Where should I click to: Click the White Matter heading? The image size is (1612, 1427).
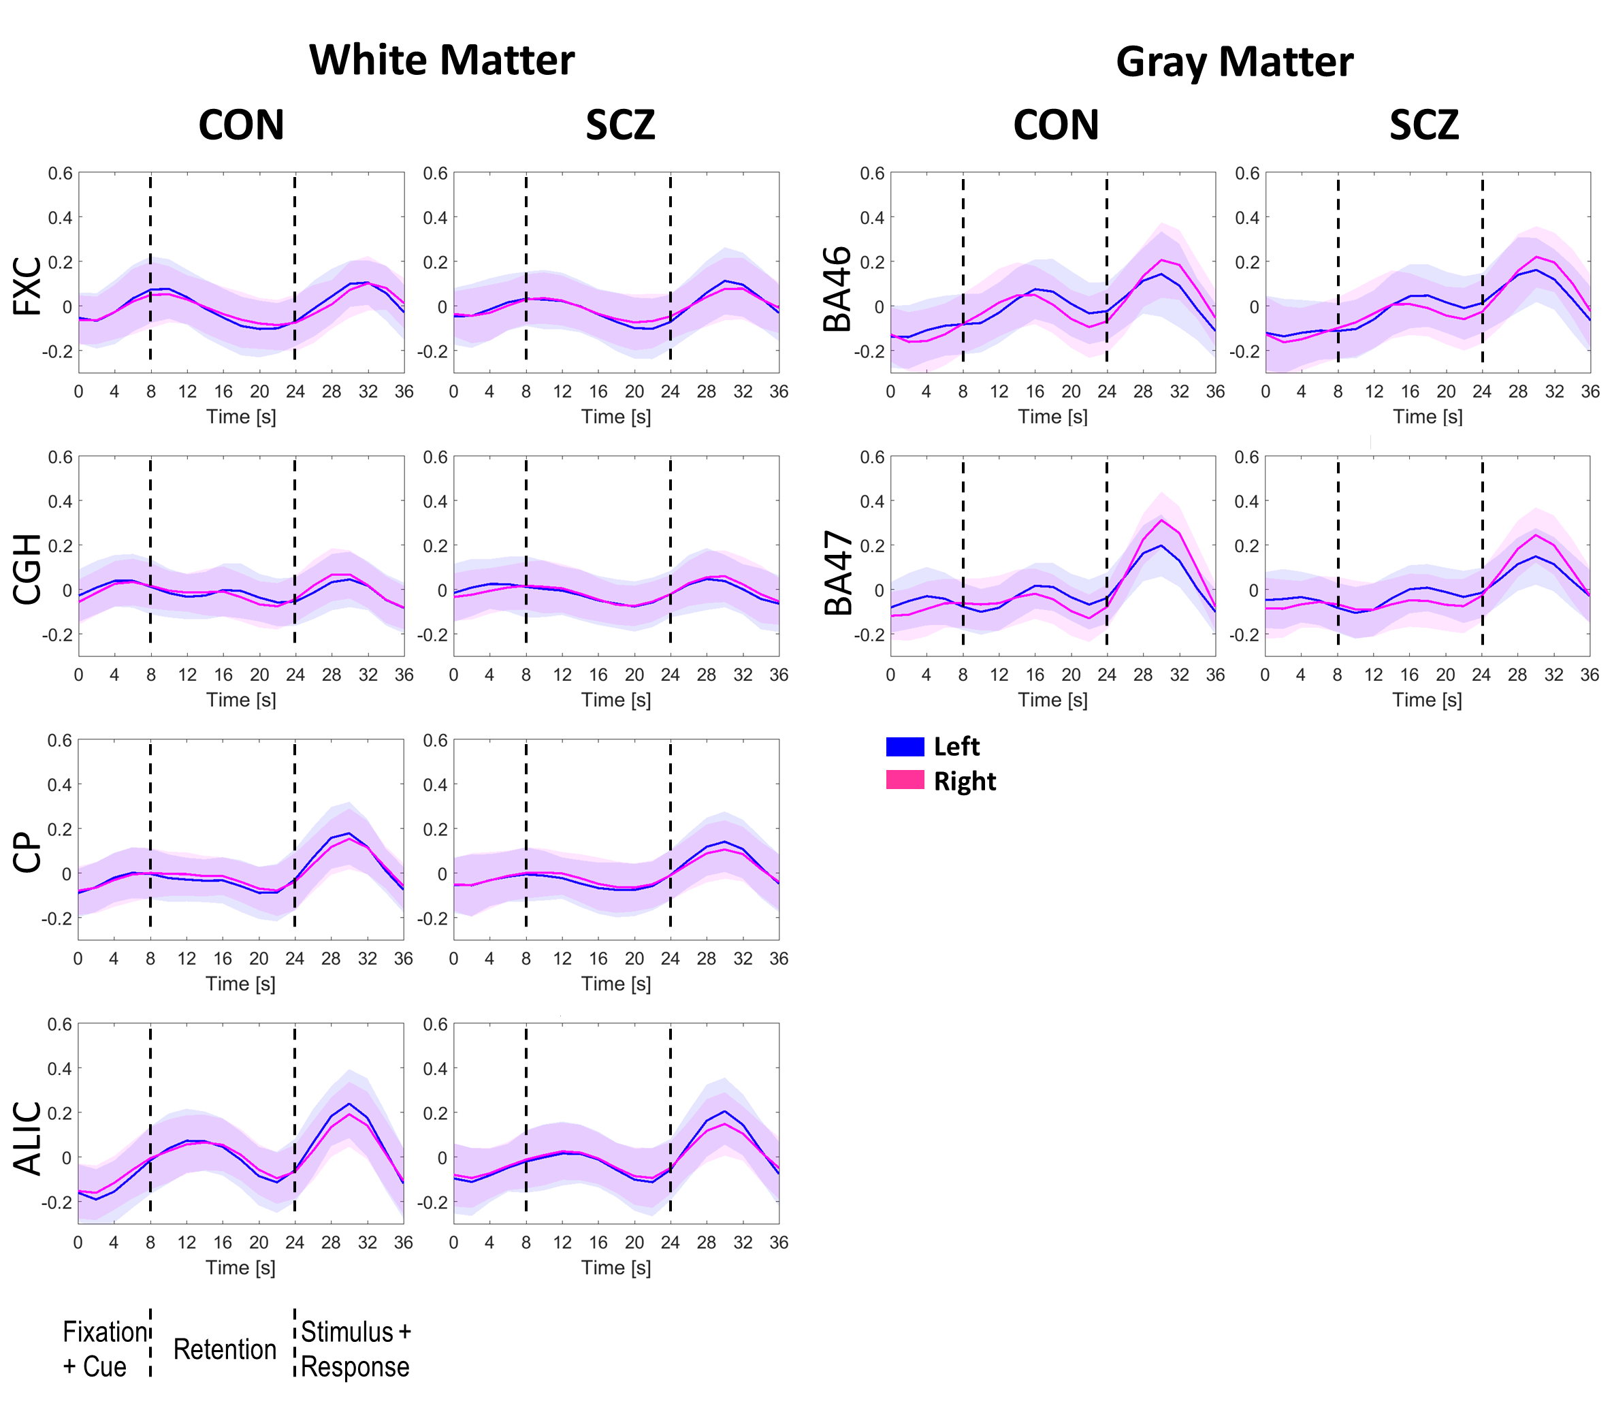pyautogui.click(x=442, y=60)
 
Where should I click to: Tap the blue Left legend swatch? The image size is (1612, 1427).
pyautogui.click(x=905, y=746)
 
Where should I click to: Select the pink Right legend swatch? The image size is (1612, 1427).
pyautogui.click(x=905, y=780)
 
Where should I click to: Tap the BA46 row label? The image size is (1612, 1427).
pyautogui.click(x=837, y=288)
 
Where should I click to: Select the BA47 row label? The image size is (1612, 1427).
pyautogui.click(x=837, y=572)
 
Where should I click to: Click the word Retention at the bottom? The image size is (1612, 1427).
pyautogui.click(x=225, y=1349)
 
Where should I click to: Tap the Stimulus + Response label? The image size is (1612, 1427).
pyautogui.click(x=355, y=1349)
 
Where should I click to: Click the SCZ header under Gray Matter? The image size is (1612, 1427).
pyautogui.click(x=1423, y=125)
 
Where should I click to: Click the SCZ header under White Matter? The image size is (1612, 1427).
pyautogui.click(x=620, y=125)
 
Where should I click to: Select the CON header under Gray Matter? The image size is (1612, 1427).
pyautogui.click(x=1056, y=125)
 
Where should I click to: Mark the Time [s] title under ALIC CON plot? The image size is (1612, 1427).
pyautogui.click(x=240, y=1267)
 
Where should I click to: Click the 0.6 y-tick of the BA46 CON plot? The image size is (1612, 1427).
pyautogui.click(x=871, y=174)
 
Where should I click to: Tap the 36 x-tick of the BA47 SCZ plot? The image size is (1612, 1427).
pyautogui.click(x=1589, y=675)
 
